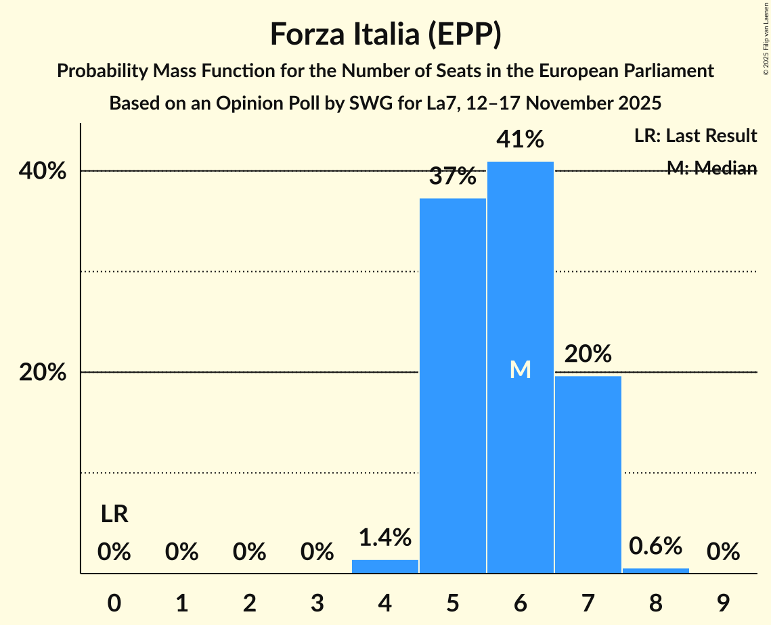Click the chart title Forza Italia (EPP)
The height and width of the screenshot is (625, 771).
coord(385,34)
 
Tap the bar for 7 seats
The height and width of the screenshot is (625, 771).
coord(588,474)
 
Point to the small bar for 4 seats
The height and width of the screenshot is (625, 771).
coord(385,566)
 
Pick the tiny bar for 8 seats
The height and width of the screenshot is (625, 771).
coord(655,570)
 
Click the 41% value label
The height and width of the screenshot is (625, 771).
coord(520,139)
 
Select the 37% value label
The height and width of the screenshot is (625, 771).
coord(452,177)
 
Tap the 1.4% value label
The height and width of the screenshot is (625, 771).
coord(385,538)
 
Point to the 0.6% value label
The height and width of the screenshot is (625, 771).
coord(655,545)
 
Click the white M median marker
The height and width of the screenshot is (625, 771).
coord(520,369)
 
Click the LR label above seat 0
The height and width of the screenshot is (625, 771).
coord(114,515)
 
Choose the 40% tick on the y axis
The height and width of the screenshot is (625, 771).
coord(43,171)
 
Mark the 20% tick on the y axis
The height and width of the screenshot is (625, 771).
coord(43,373)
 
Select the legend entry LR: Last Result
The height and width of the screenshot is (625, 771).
coord(695,136)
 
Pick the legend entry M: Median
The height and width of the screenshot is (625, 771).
coord(711,168)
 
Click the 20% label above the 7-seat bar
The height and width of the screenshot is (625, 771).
coord(588,353)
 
